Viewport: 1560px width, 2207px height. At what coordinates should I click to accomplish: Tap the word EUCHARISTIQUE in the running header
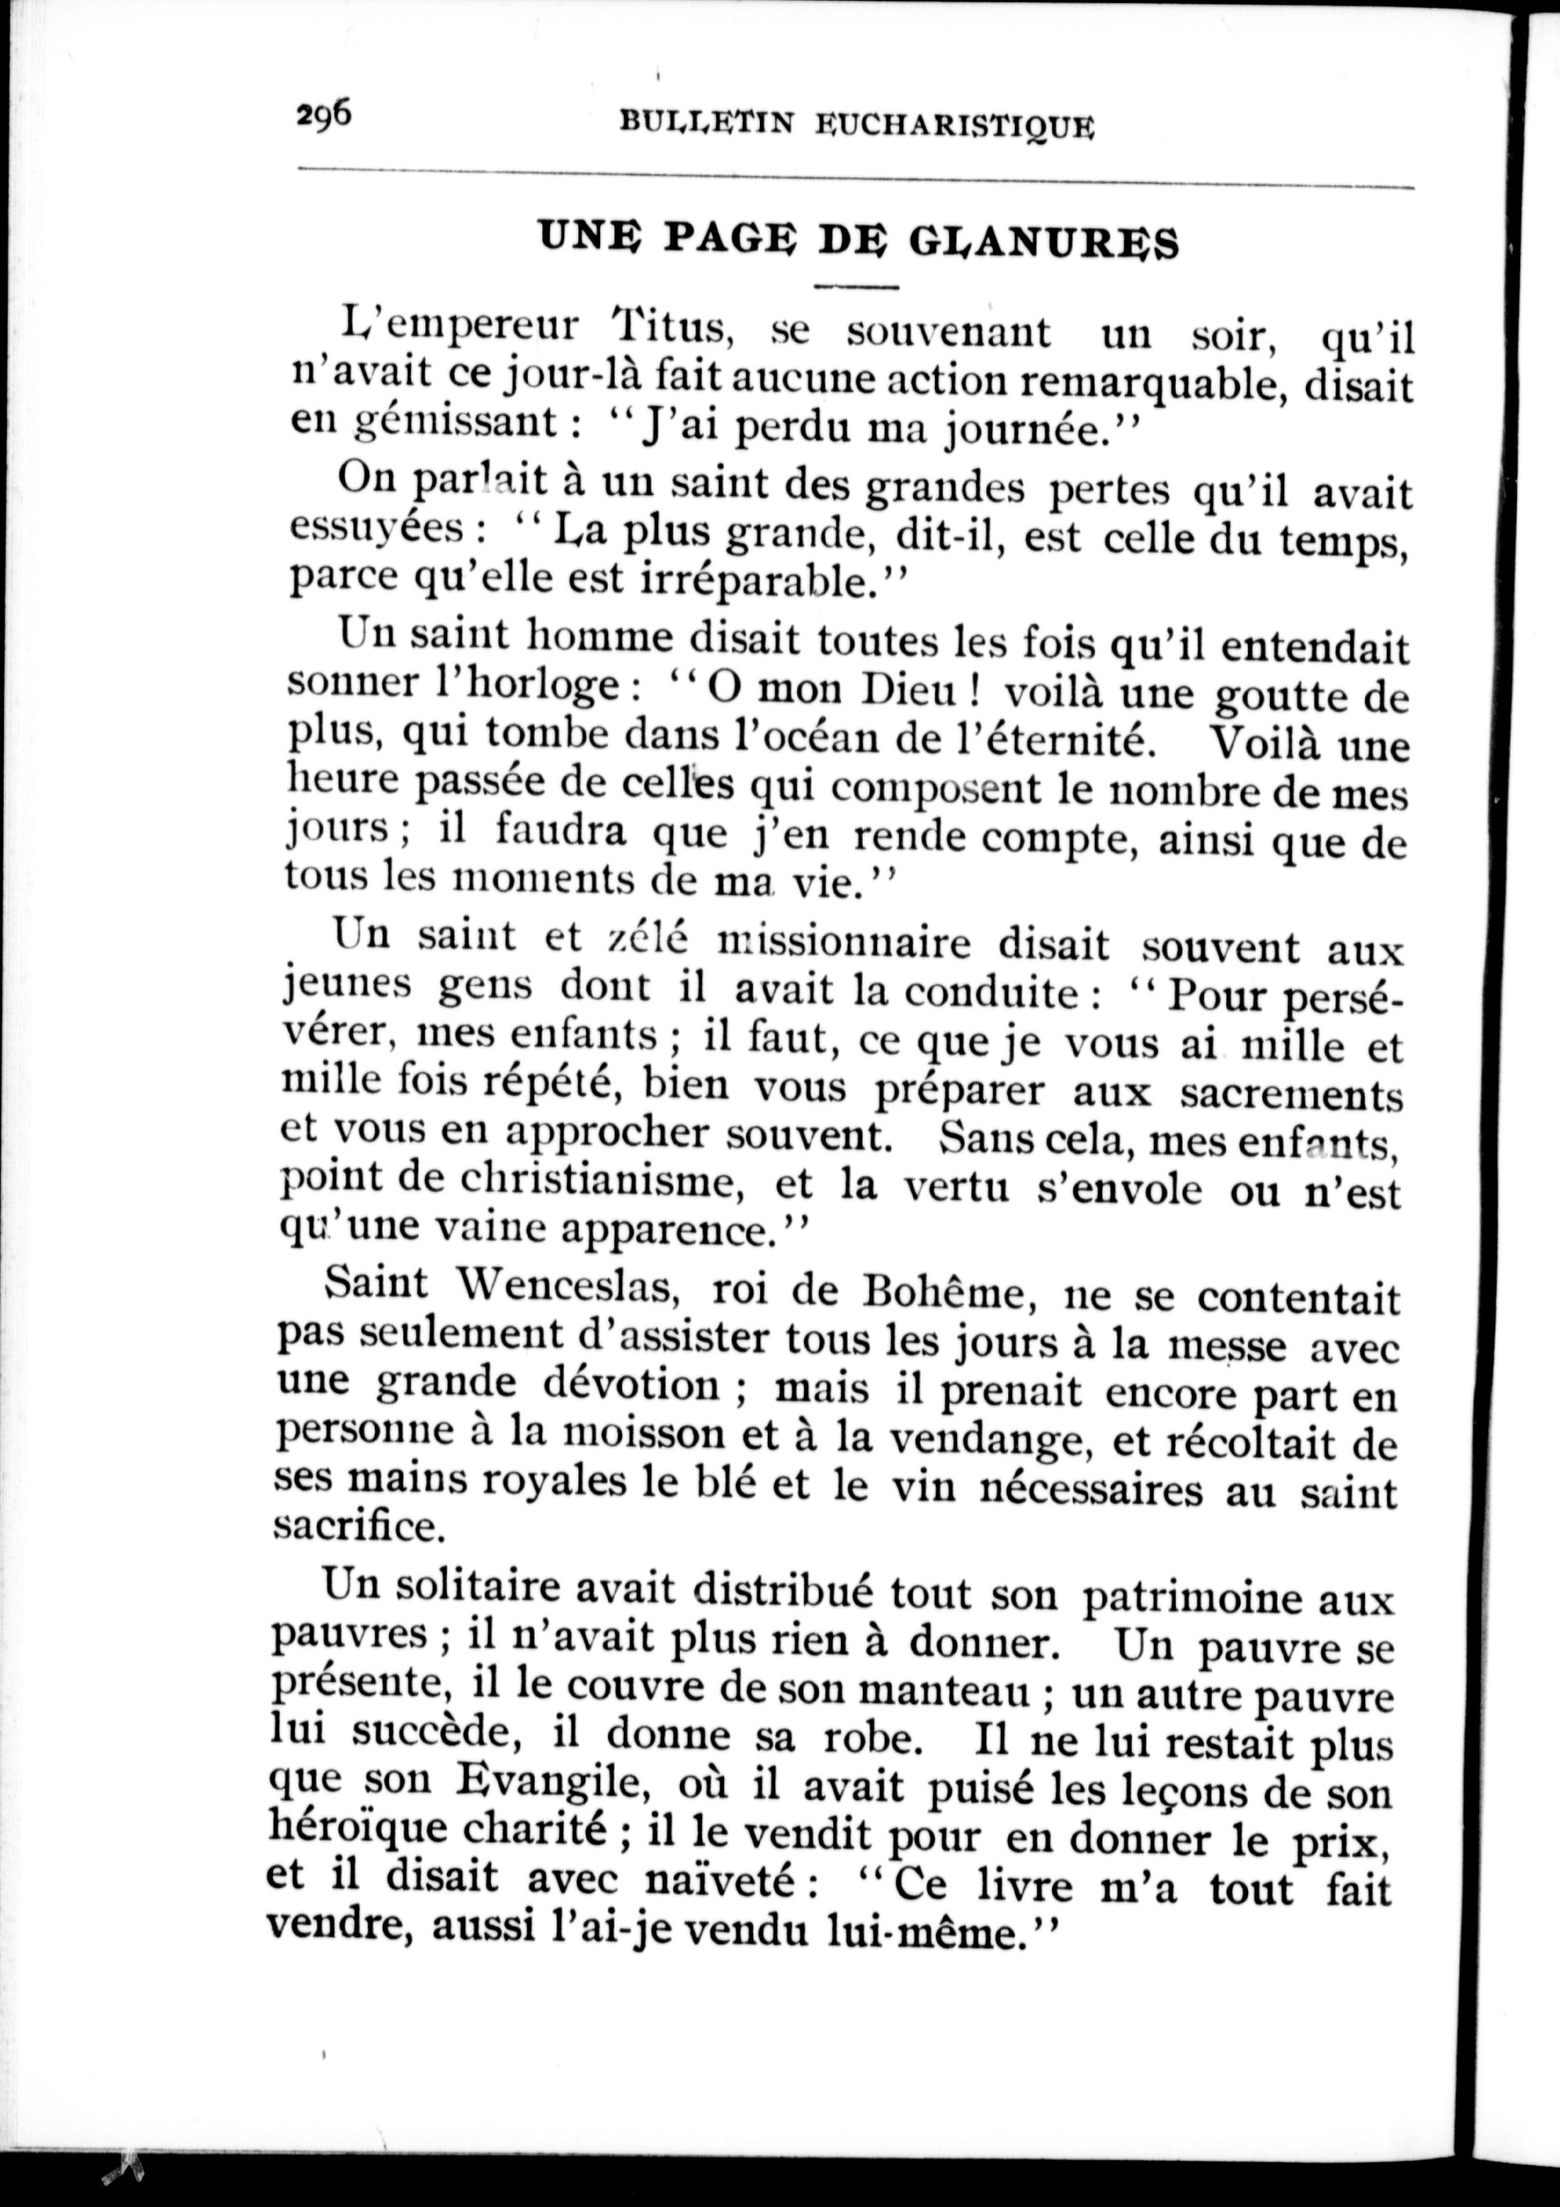[x=954, y=125]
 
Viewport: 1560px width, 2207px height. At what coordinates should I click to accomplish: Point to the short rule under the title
[x=854, y=286]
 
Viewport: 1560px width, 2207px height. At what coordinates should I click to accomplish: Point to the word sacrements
[x=1290, y=1095]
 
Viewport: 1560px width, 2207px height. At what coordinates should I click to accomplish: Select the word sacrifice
[x=360, y=1528]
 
